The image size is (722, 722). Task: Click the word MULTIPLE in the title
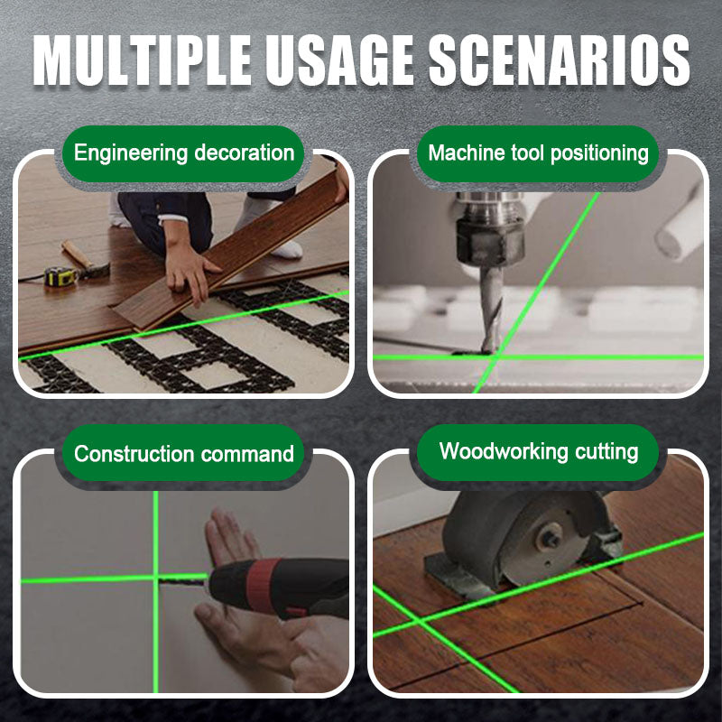pyautogui.click(x=143, y=60)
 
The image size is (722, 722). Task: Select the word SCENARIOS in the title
pyautogui.click(x=559, y=60)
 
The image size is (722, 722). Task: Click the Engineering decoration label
pyautogui.click(x=184, y=153)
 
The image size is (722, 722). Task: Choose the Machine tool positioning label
pyautogui.click(x=538, y=153)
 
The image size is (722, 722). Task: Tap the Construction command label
pyautogui.click(x=184, y=454)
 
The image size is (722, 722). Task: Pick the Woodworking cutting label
pyautogui.click(x=539, y=451)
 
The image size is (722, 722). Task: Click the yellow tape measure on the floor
pyautogui.click(x=60, y=276)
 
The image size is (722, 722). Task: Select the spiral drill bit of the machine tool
pyautogui.click(x=491, y=309)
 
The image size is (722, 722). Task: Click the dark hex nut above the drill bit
pyautogui.click(x=490, y=242)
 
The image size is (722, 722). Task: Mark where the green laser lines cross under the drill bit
pyautogui.click(x=495, y=356)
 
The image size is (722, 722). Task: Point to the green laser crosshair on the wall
pyautogui.click(x=155, y=579)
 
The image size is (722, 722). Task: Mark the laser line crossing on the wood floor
pyautogui.click(x=419, y=622)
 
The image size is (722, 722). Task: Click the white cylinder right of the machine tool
pyautogui.click(x=680, y=226)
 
